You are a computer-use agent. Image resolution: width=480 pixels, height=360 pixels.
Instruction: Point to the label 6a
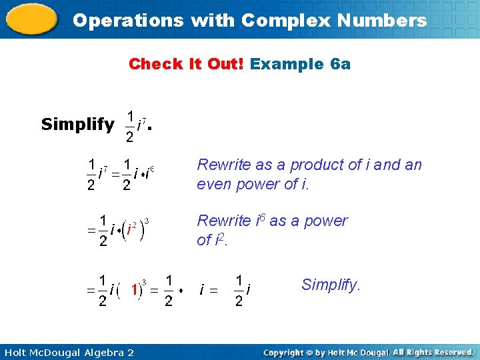coord(340,64)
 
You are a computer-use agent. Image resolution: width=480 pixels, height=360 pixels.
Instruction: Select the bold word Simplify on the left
coord(77,124)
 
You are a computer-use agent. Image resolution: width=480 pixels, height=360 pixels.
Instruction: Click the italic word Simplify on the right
coord(331,285)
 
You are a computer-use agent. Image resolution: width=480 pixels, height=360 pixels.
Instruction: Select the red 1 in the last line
coord(135,290)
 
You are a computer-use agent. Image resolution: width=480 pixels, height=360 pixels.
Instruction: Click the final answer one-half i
coord(243,290)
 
